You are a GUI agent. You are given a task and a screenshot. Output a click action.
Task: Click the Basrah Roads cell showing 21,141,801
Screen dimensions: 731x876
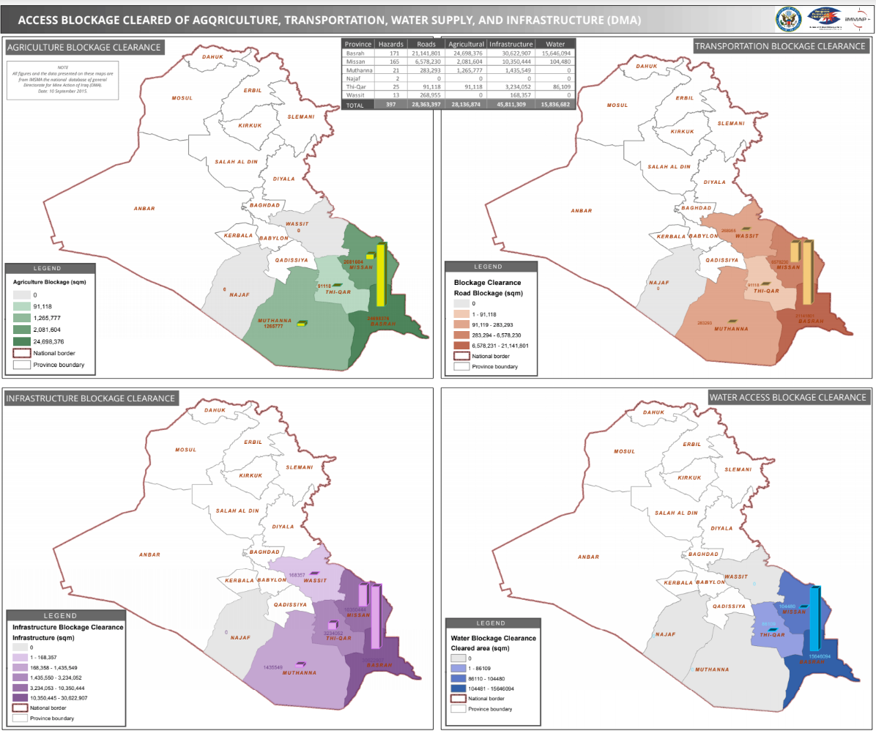426,53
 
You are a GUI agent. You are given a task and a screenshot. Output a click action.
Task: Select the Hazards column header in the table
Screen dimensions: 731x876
390,44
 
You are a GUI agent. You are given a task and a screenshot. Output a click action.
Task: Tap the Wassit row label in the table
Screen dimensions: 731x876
356,94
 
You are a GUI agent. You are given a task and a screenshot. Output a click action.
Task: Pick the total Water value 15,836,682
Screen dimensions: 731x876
554,105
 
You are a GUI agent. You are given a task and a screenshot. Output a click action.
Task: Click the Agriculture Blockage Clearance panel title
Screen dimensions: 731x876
83,48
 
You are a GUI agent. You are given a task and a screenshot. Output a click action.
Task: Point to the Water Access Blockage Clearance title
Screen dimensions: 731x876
787,398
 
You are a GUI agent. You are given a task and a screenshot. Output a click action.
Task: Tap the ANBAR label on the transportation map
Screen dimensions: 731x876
581,211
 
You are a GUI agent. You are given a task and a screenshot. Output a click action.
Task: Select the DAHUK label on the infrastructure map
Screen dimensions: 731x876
213,409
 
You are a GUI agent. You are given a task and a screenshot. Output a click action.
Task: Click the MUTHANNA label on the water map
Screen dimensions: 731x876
712,669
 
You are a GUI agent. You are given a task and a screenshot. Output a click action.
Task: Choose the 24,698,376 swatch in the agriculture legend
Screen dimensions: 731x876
23,341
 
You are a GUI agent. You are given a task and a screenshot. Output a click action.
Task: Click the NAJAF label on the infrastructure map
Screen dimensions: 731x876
240,638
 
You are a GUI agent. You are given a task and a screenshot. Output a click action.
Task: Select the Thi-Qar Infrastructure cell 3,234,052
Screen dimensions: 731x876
511,86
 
